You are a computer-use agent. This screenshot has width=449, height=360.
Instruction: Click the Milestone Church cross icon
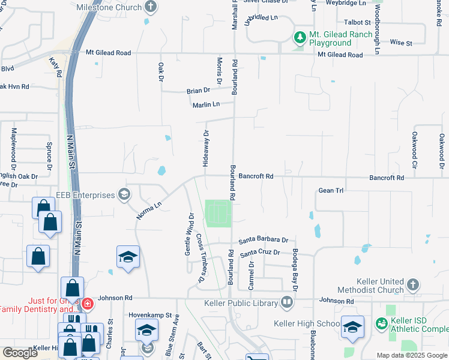point(150,7)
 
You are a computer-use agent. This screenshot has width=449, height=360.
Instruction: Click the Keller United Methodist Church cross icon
point(413,283)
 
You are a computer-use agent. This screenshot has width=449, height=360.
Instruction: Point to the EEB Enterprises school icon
point(124,194)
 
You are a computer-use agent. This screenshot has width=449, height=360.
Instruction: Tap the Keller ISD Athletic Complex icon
point(381,323)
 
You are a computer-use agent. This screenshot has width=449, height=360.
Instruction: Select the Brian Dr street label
point(198,90)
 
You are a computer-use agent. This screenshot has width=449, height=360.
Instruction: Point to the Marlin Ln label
point(206,104)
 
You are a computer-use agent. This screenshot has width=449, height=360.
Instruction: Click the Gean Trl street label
point(331,190)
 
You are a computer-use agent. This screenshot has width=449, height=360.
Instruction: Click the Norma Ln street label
point(149,210)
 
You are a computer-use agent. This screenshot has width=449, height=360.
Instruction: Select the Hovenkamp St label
point(150,314)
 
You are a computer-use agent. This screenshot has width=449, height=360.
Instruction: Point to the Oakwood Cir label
point(414,150)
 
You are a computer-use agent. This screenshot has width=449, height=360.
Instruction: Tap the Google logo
point(20,353)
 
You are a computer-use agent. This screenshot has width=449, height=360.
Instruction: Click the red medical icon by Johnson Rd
point(88,303)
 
